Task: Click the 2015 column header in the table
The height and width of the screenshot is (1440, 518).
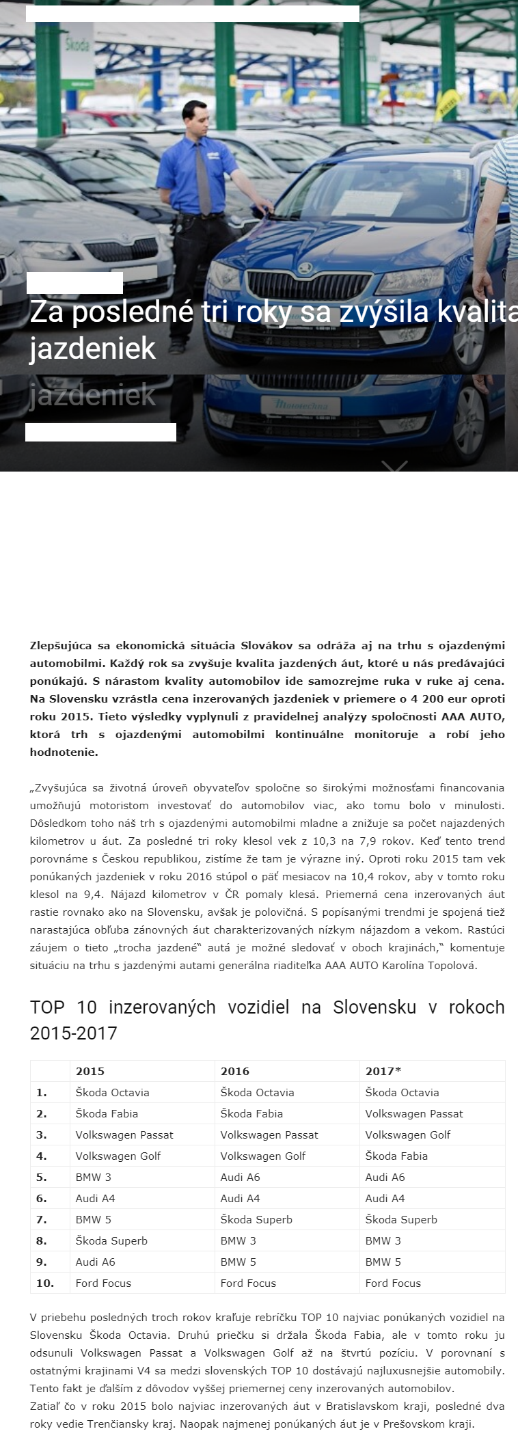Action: pos(90,1071)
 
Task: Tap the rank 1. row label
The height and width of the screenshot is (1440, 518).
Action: pos(42,1092)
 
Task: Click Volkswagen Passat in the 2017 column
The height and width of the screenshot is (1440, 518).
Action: pos(413,1113)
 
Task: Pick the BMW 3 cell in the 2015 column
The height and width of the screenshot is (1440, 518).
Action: pos(93,1177)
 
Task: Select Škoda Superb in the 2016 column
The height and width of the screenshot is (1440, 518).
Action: pos(256,1219)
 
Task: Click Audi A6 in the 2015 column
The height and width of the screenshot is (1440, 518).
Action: pos(95,1262)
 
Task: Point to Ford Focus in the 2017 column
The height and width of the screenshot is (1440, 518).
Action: pos(393,1283)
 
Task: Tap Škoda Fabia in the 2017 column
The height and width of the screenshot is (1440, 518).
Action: pos(396,1156)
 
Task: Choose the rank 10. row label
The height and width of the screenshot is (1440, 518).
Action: pos(45,1283)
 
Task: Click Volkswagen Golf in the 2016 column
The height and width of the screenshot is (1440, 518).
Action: pos(262,1156)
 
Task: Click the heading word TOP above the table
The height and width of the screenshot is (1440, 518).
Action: pos(47,1007)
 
